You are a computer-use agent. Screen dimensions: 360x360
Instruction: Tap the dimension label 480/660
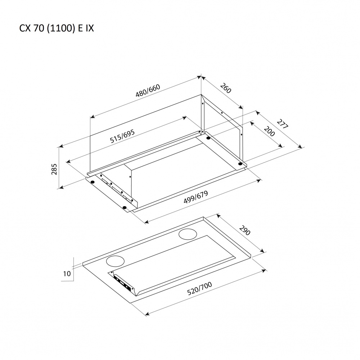click(x=147, y=92)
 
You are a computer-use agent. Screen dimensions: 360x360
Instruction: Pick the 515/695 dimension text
click(x=122, y=137)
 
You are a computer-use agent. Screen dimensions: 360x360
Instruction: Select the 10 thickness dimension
click(x=67, y=274)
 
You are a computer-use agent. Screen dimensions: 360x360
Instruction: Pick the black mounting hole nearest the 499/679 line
click(x=124, y=207)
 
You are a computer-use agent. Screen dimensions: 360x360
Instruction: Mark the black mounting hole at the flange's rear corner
click(x=208, y=138)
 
